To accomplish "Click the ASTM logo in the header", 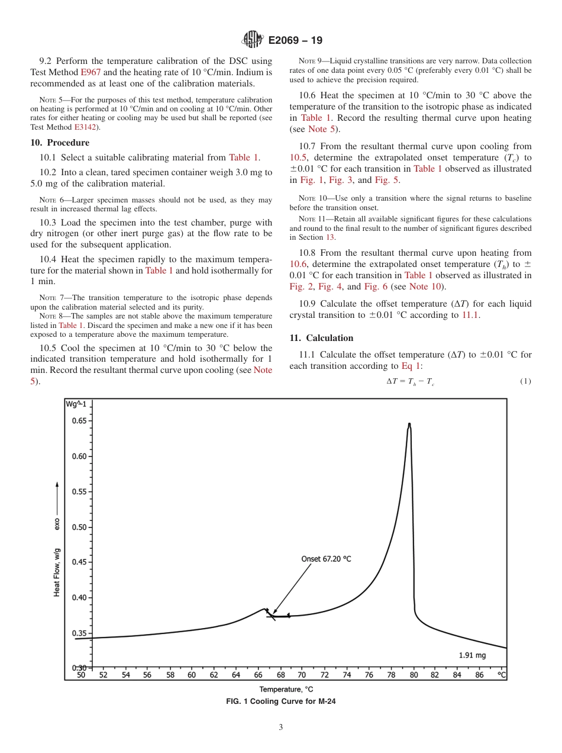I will [x=252, y=40].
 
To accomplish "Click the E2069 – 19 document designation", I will [x=295, y=41].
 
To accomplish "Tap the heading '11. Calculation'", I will [x=321, y=338].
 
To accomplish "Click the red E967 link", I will [x=91, y=72].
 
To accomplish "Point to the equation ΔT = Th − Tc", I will [x=410, y=381].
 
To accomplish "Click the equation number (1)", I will [x=525, y=381].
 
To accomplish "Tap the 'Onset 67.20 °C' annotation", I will [x=326, y=559].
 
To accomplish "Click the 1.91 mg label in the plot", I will [x=472, y=655].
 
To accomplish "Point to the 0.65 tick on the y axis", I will [x=79, y=421].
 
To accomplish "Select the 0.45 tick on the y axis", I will [x=79, y=562].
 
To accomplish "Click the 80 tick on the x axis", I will [x=414, y=674].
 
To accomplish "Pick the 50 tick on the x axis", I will [x=81, y=674].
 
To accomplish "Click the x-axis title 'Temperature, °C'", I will [x=286, y=689].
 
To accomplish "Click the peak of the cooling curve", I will [x=409, y=424].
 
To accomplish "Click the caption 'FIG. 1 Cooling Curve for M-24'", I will [x=281, y=701].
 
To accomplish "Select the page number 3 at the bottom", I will [x=281, y=728].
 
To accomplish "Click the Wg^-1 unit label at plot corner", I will [x=76, y=404].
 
